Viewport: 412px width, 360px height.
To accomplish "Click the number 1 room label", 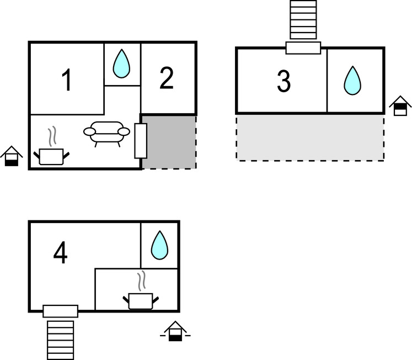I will [67, 81].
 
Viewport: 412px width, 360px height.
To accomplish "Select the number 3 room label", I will [283, 82].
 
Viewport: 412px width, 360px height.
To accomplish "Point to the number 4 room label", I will [61, 253].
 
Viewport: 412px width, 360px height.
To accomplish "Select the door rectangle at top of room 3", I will [303, 48].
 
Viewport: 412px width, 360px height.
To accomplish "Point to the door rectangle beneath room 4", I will [61, 311].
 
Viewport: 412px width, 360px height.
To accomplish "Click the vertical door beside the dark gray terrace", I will [141, 141].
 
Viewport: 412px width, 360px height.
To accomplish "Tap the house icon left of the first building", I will [11, 156].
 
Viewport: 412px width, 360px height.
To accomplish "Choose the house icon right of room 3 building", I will [400, 105].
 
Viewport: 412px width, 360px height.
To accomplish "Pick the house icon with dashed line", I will [175, 331].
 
